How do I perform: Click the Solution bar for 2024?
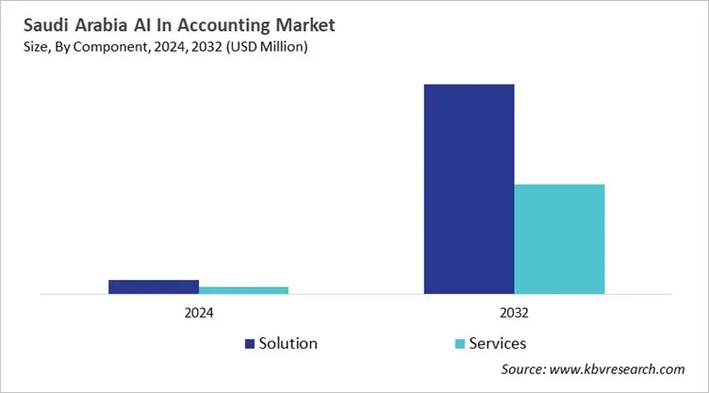pyautogui.click(x=154, y=287)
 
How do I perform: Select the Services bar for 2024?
pyautogui.click(x=243, y=290)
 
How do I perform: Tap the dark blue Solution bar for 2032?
pyautogui.click(x=469, y=188)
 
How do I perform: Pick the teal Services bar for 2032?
pyautogui.click(x=559, y=238)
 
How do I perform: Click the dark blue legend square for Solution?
pyautogui.click(x=251, y=344)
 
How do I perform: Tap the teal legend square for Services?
pyautogui.click(x=459, y=344)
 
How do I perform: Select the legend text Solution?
pyautogui.click(x=289, y=344)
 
